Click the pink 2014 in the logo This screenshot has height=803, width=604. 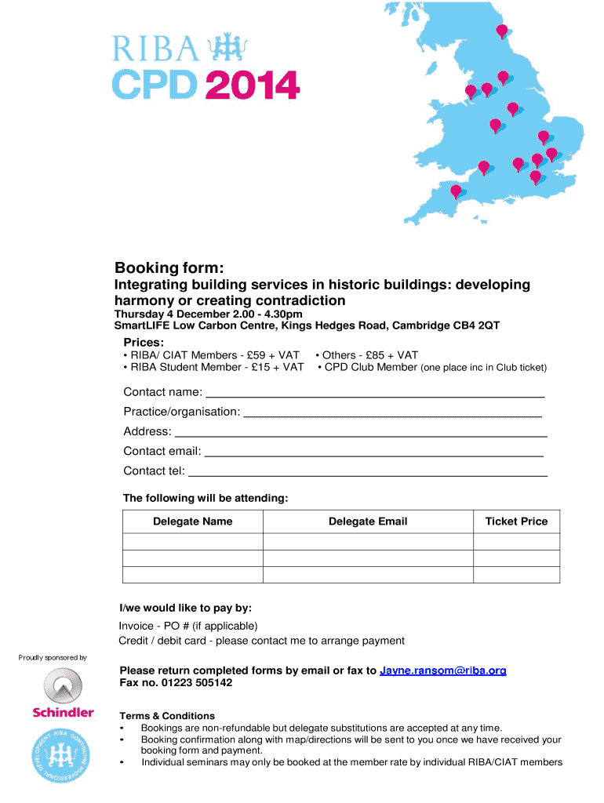click(253, 85)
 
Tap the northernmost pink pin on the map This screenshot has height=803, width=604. click(502, 31)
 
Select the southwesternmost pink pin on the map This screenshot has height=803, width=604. click(456, 191)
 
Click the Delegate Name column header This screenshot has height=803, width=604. click(193, 521)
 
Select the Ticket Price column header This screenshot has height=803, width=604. click(516, 521)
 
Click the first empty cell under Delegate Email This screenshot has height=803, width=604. click(368, 542)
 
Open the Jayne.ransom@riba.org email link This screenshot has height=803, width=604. click(443, 670)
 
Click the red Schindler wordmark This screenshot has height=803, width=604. click(63, 713)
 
